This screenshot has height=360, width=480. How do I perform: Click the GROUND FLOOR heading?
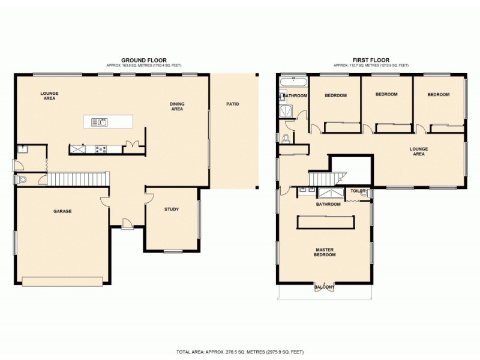click(140, 60)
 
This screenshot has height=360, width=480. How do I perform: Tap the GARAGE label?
click(62, 211)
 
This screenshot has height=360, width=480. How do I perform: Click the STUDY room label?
click(172, 209)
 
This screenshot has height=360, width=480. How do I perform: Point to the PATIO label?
click(233, 104)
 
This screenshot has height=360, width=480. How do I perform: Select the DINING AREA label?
click(176, 107)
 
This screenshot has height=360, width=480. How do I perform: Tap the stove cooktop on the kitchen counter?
click(100, 149)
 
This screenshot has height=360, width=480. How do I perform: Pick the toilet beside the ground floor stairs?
click(23, 179)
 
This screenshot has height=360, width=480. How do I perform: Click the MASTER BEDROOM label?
click(325, 252)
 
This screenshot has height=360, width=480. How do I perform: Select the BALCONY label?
click(325, 288)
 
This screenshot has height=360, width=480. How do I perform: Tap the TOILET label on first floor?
click(358, 190)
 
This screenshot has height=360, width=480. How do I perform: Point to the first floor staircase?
click(325, 178)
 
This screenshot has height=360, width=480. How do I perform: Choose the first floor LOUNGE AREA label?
click(418, 151)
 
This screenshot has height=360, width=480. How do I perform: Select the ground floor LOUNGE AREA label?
click(49, 95)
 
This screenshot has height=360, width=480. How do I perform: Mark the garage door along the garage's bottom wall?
click(62, 279)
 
